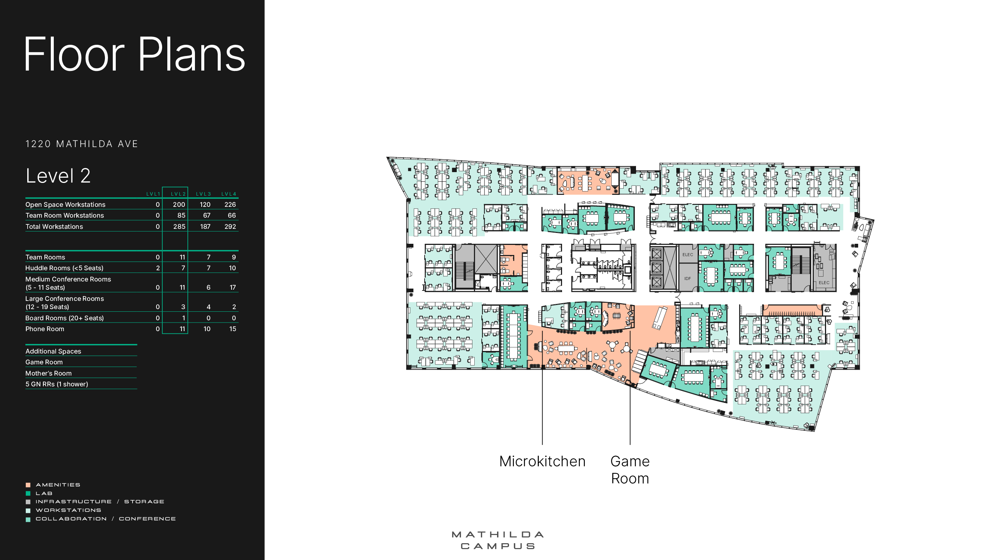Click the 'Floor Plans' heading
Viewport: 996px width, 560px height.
tap(134, 54)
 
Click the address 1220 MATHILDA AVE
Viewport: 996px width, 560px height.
tap(81, 144)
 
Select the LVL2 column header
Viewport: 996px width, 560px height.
tap(178, 194)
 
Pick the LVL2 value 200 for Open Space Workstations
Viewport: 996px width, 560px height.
tap(179, 205)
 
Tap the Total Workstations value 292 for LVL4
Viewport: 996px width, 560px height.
tap(230, 227)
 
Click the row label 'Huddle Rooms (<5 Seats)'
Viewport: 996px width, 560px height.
tap(64, 268)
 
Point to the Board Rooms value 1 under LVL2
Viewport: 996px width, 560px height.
tap(183, 318)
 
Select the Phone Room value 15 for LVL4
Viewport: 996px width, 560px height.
tap(232, 329)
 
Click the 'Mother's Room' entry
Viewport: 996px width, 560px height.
tap(48, 373)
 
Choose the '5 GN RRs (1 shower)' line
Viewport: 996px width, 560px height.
tap(56, 384)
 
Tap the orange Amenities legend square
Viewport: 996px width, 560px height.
tap(28, 485)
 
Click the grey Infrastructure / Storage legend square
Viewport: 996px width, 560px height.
tap(28, 502)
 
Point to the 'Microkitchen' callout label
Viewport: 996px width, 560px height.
tap(542, 461)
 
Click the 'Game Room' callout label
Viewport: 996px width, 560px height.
tap(630, 470)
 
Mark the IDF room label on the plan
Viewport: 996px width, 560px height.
tap(688, 278)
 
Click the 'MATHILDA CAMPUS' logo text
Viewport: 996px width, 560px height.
tap(497, 540)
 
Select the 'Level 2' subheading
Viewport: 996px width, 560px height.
tap(58, 176)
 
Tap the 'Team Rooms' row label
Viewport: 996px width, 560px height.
tap(45, 257)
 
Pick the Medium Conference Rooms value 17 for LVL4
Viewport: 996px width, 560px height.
tap(232, 287)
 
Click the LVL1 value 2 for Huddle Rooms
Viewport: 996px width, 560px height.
tap(158, 268)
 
